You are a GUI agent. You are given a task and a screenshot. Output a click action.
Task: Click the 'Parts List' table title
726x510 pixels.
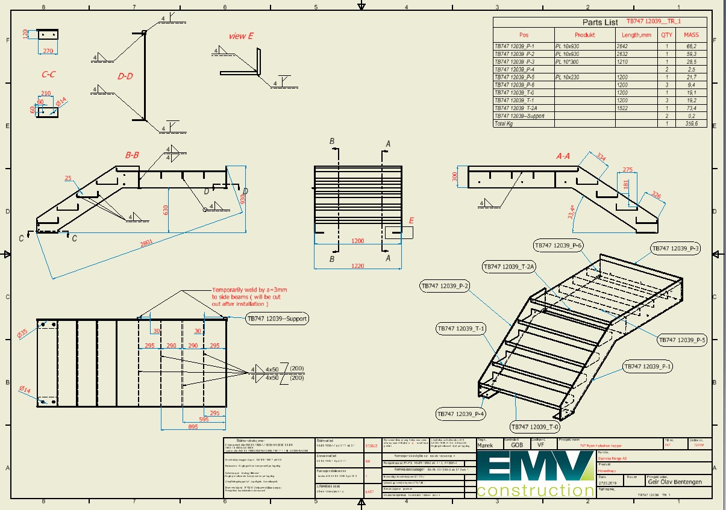coord(600,22)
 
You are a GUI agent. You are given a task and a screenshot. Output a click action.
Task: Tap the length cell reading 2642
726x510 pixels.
coord(622,46)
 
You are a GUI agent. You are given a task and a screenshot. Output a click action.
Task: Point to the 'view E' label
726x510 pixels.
coord(240,36)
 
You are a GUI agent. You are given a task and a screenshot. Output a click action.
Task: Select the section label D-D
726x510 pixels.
coord(125,76)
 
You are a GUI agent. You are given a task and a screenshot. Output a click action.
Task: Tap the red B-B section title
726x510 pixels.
coord(132,155)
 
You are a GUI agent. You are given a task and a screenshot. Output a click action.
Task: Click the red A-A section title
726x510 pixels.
coord(563,156)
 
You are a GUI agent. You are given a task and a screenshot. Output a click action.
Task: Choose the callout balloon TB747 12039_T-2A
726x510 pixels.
coord(509,266)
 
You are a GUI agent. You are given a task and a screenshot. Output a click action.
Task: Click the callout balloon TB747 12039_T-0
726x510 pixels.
coord(534,427)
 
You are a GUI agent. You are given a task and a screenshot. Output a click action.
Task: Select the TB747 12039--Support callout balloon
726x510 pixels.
coord(277,318)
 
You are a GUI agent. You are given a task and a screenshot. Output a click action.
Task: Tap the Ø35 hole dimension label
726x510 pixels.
coord(22,333)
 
